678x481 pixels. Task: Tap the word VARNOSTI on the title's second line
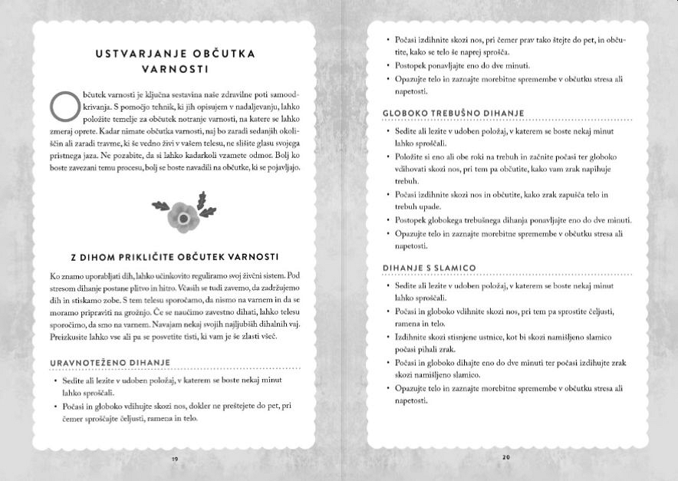point(175,68)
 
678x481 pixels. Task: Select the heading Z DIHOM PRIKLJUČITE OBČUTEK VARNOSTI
point(175,255)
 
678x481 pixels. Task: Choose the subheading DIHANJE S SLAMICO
point(430,267)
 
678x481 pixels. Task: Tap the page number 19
point(175,458)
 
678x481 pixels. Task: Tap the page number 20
point(506,458)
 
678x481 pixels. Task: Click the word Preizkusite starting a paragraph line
point(73,335)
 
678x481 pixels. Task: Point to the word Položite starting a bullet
point(412,156)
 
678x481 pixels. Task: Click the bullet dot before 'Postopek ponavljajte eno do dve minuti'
point(388,65)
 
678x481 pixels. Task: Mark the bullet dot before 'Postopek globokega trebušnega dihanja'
point(388,220)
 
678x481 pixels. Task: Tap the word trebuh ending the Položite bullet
point(406,180)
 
